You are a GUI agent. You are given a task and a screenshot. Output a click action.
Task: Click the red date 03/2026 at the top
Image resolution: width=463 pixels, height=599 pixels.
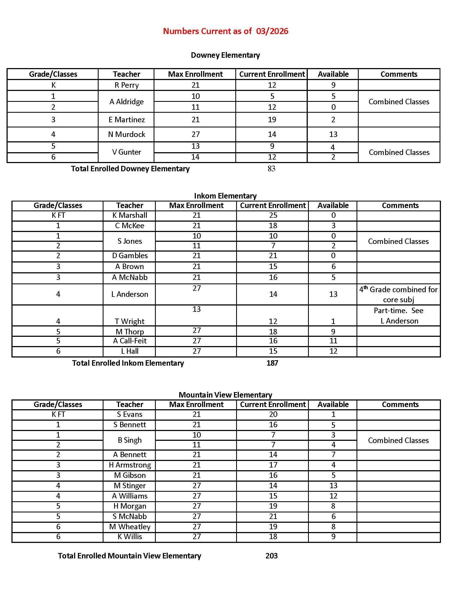(272, 31)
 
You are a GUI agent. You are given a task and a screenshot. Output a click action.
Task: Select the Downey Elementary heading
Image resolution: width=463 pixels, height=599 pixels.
(225, 55)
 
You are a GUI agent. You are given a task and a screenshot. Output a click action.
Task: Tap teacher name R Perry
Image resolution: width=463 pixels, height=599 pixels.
(126, 85)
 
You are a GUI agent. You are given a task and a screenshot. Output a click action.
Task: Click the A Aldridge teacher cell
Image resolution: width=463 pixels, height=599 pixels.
(126, 102)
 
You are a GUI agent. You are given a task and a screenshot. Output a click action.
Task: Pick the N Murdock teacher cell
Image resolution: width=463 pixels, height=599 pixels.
(126, 134)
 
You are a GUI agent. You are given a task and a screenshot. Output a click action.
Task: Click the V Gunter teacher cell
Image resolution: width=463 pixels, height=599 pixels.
(126, 152)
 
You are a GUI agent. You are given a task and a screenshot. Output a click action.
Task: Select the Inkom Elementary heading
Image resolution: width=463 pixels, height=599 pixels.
(225, 195)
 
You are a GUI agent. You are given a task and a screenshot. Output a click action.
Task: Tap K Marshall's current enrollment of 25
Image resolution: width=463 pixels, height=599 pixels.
(273, 215)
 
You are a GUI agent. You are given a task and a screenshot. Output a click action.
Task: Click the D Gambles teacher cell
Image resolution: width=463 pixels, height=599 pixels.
(130, 256)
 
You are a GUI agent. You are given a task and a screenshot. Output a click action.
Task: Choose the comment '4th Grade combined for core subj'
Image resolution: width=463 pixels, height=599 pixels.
(398, 294)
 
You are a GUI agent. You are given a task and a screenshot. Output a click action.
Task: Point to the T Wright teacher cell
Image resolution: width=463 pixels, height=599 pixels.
(130, 321)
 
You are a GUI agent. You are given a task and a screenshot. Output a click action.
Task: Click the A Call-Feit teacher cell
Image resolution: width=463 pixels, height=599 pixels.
(130, 341)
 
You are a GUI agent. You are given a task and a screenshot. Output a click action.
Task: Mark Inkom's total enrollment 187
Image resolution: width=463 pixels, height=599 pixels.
(272, 363)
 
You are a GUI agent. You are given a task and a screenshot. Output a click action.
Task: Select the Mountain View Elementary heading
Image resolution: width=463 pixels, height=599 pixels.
(225, 395)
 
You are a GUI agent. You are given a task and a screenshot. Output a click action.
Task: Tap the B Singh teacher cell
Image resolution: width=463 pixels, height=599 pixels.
(130, 440)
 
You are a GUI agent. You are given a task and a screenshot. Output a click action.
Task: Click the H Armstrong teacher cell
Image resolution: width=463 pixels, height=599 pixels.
(130, 465)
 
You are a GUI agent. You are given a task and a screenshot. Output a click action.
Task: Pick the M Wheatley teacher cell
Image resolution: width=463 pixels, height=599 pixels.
(130, 527)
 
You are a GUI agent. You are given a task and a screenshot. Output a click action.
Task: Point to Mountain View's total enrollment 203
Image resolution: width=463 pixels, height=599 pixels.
(272, 556)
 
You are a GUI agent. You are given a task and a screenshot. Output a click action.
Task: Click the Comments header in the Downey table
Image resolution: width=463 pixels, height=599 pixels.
(399, 74)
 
